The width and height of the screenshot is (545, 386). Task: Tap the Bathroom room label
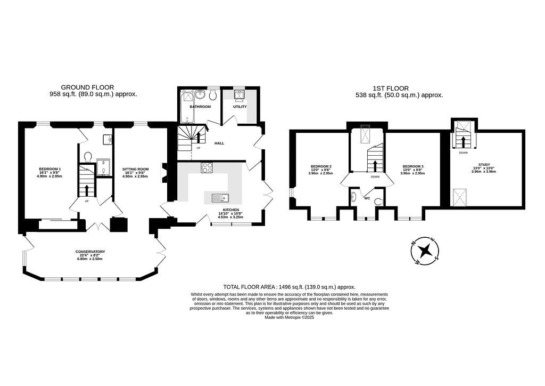coord(200,107)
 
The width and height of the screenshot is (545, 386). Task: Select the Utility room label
coord(240,107)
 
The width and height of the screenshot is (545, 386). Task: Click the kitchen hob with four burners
coord(207,168)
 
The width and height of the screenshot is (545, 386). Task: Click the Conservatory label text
coord(90,252)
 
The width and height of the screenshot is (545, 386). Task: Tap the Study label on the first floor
coord(484,165)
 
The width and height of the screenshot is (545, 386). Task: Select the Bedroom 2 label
coord(321,166)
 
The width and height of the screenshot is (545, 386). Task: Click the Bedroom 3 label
coord(413,166)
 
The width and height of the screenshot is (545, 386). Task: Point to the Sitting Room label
coord(136,169)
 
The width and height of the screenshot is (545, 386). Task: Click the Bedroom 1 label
coord(50,169)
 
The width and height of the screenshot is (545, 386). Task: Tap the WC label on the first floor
coord(367,198)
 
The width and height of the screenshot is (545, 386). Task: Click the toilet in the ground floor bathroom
coord(213,95)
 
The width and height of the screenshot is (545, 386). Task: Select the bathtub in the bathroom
coord(187,107)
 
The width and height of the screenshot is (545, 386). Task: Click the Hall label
coord(219,143)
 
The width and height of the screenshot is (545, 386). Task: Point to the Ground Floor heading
coord(87,87)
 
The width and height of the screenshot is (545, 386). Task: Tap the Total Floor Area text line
coord(289,287)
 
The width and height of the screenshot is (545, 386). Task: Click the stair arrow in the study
coord(463,141)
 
